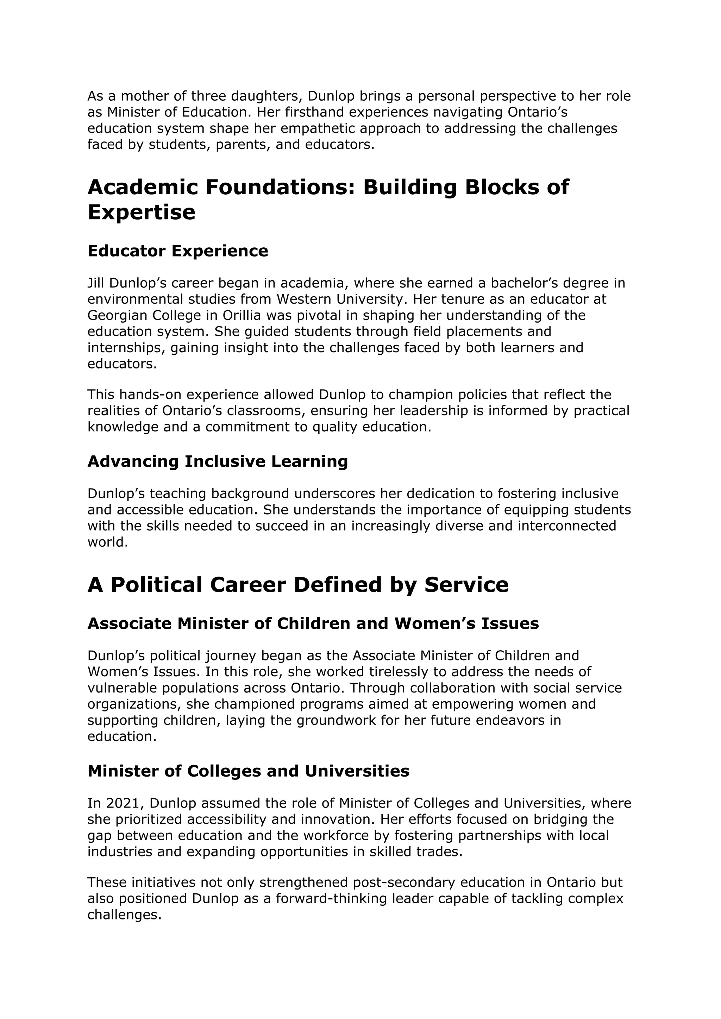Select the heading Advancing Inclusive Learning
(x=218, y=462)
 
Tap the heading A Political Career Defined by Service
(x=298, y=584)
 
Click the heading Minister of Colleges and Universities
(x=248, y=771)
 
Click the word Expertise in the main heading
(x=141, y=212)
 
